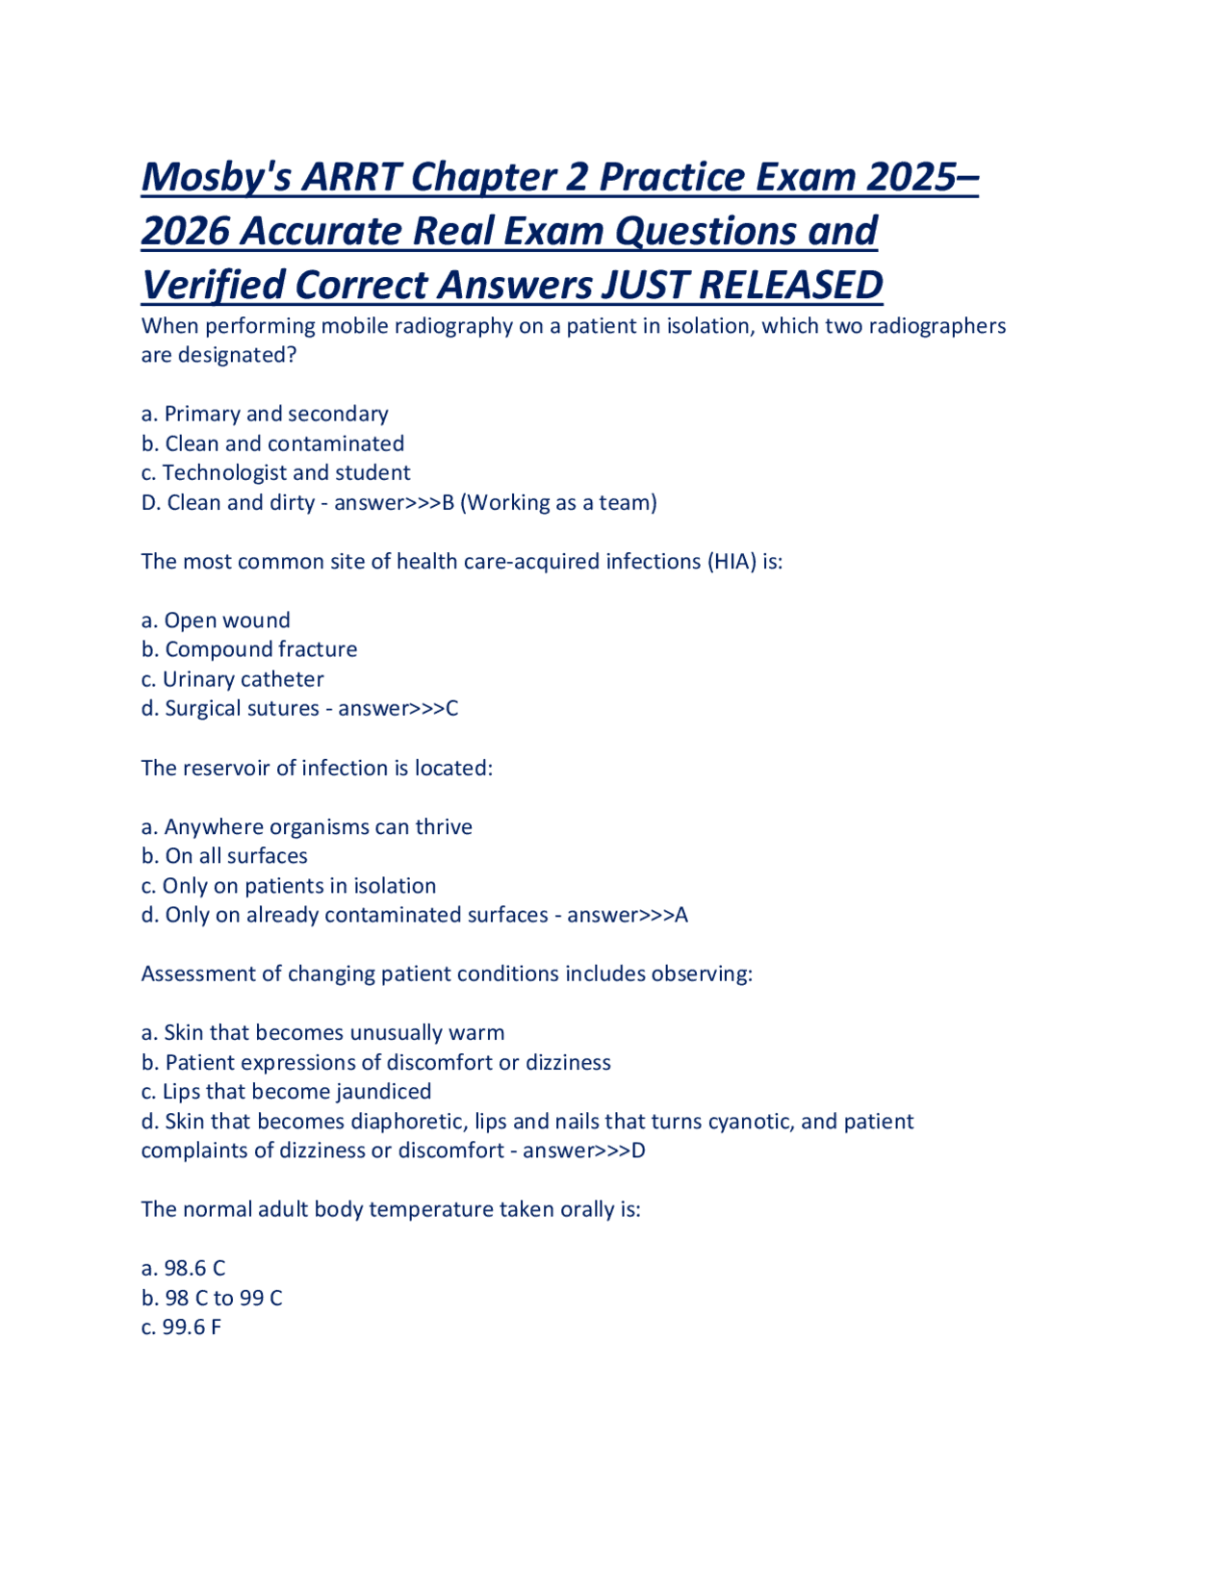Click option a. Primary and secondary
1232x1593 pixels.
pos(265,414)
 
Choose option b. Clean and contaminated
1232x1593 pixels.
pos(272,443)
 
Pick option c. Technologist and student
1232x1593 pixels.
pos(275,472)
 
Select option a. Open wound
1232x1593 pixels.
pos(216,620)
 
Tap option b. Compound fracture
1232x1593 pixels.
pos(249,649)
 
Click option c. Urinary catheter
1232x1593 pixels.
pos(232,679)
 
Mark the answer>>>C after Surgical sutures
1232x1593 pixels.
pos(398,709)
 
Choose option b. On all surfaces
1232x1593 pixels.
pos(224,856)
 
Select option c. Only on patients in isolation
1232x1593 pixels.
pos(288,886)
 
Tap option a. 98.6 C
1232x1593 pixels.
pos(183,1269)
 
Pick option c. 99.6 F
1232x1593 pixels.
pos(181,1327)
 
